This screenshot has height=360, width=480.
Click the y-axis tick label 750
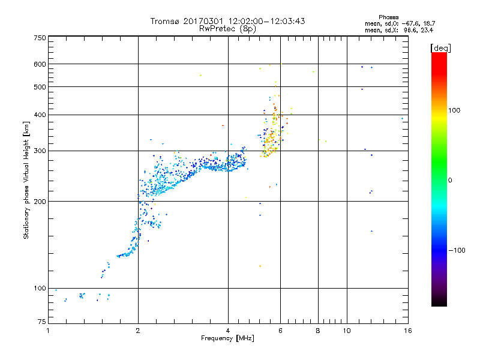coord(40,37)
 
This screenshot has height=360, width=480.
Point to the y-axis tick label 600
coord(40,64)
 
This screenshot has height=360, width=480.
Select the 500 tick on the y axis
coord(40,87)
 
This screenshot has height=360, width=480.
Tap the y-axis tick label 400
coord(40,115)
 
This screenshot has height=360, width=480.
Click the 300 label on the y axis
coord(40,151)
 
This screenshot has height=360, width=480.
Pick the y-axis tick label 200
coord(40,202)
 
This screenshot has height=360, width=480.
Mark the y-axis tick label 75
coord(41,322)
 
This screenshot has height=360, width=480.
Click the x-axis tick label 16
coord(407,331)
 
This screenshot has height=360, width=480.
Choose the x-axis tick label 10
coord(346,331)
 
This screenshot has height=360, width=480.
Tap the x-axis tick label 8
coord(318,331)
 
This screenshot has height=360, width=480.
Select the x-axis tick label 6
coord(280,331)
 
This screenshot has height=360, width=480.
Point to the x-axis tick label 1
coord(49,331)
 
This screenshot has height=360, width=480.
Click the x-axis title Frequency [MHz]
coord(228,339)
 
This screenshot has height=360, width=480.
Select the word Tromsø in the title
coord(167,21)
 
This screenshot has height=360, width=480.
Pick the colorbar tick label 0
coord(451,180)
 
